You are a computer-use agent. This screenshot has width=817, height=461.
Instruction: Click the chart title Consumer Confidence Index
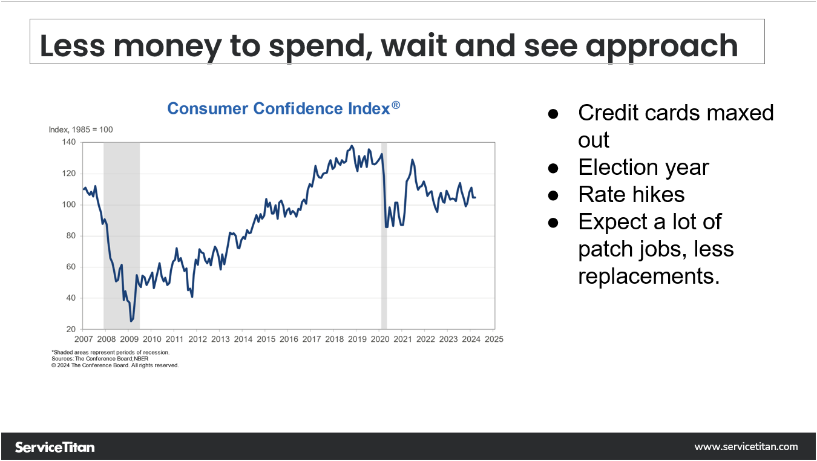(x=278, y=109)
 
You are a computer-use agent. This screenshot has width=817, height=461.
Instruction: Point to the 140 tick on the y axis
(x=68, y=142)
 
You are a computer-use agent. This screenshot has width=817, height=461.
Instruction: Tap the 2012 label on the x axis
(x=197, y=339)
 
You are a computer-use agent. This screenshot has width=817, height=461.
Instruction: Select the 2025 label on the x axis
(x=494, y=339)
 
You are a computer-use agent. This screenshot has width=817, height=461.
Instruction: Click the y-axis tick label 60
(x=70, y=267)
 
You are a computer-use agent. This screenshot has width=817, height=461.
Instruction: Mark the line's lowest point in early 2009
(x=131, y=321)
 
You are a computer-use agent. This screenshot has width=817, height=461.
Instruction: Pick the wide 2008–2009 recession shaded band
(x=122, y=236)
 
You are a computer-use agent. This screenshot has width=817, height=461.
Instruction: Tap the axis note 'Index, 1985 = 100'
(x=80, y=129)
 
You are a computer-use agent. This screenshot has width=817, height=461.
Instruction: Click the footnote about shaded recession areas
(x=111, y=352)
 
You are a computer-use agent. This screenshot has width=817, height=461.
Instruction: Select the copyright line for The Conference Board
(x=115, y=365)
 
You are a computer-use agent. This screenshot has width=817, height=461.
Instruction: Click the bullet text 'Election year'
(x=643, y=167)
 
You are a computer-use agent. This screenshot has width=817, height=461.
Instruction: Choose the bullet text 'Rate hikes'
(x=631, y=194)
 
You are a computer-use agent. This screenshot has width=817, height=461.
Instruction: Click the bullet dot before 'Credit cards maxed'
(x=553, y=113)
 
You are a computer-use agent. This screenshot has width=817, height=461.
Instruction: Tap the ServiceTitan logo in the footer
(x=54, y=447)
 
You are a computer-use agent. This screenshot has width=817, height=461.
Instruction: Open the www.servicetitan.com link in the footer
(x=746, y=447)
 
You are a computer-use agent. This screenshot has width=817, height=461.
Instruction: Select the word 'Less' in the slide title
(x=71, y=45)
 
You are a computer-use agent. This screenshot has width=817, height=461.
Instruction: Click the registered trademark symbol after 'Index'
(x=396, y=105)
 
